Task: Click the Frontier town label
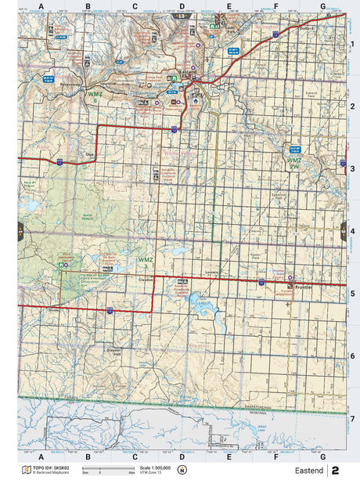click(304, 287)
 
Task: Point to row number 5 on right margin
click(353, 294)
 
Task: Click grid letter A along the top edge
click(41, 6)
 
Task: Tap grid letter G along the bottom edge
click(322, 456)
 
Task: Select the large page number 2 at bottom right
click(336, 470)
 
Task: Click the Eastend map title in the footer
click(307, 470)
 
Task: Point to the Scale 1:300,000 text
click(155, 467)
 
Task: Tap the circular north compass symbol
click(182, 470)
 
